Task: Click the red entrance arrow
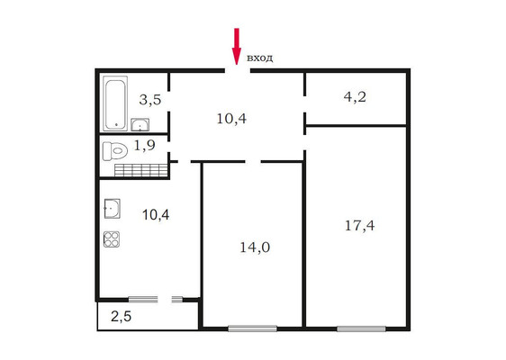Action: [x=237, y=46]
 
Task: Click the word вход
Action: [x=260, y=58]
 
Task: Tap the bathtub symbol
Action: [x=115, y=103]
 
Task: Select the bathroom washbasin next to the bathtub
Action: [x=140, y=124]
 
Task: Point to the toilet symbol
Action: [x=115, y=150]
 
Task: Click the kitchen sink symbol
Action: [x=112, y=209]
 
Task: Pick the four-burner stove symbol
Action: [x=112, y=239]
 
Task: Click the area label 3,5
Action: [x=150, y=100]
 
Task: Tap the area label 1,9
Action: [x=144, y=146]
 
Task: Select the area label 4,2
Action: [x=355, y=97]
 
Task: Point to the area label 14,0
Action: [x=255, y=247]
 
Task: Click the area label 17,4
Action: [x=360, y=226]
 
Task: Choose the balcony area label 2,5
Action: [x=121, y=317]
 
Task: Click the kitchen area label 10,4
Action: [x=156, y=214]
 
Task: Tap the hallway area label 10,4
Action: [x=231, y=119]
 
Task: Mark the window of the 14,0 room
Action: [x=252, y=328]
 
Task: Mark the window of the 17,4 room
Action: [x=361, y=328]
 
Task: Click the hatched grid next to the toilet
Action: [x=141, y=170]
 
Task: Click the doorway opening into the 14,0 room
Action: [x=253, y=161]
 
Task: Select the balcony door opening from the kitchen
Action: [x=165, y=300]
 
